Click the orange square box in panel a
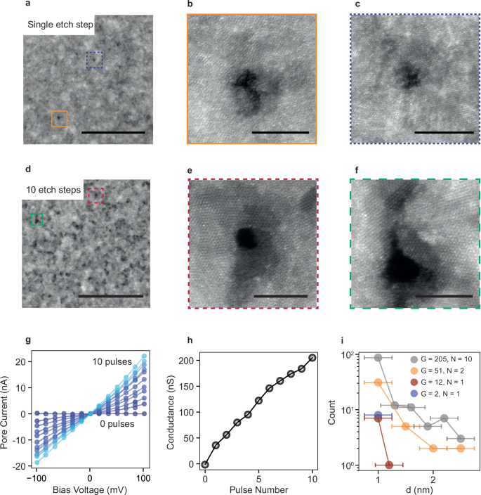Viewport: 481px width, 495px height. (59, 119)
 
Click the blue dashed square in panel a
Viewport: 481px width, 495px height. (95, 60)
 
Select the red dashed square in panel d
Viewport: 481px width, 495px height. (95, 195)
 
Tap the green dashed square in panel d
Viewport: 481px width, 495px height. (37, 220)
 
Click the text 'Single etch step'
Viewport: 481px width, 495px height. (60, 25)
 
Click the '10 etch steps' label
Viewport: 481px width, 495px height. (53, 190)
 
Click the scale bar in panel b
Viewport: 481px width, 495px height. (279, 131)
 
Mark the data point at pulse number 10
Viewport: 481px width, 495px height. (312, 358)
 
